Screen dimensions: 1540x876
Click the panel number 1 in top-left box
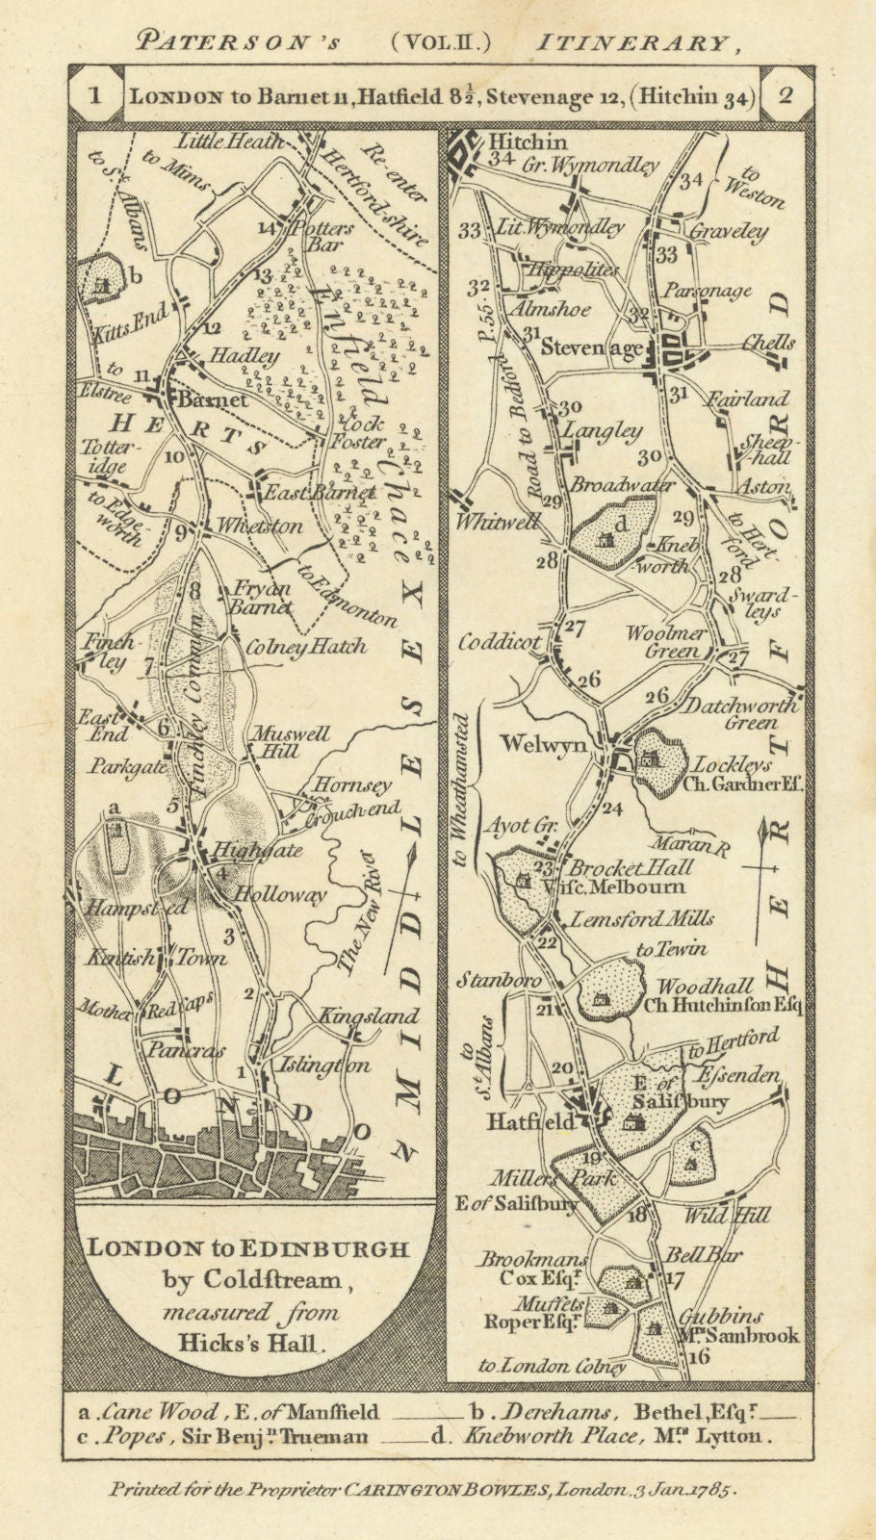[x=94, y=94]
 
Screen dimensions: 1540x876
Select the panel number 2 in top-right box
[x=785, y=94]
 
